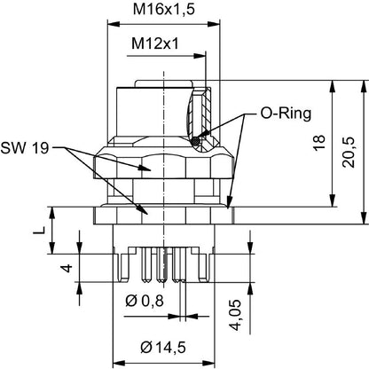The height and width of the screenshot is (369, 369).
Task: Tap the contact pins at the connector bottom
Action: pos(162,265)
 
